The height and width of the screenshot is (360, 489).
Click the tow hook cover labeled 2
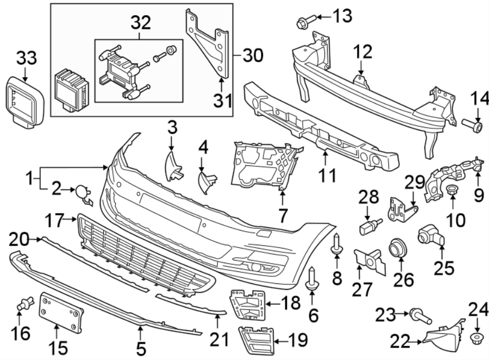83,192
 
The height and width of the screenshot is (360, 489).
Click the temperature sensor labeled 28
369,224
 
